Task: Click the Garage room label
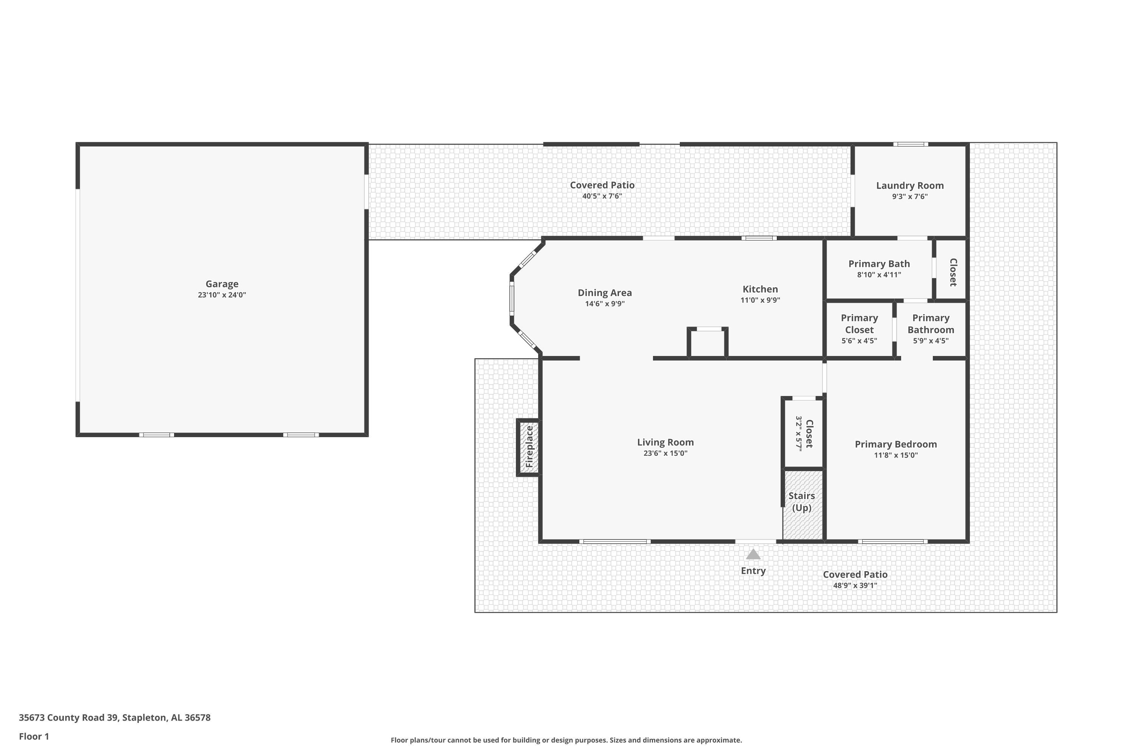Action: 222,284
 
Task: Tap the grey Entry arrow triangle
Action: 753,554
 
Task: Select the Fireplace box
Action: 528,447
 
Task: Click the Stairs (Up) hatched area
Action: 803,505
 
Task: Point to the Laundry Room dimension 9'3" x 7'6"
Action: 909,196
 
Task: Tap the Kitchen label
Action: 760,289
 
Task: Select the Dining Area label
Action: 605,293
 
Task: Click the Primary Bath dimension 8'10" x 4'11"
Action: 879,275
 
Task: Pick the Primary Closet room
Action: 860,329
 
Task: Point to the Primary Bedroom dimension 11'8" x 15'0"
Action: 896,455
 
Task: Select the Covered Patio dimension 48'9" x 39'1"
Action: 855,586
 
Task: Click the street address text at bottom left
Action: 115,718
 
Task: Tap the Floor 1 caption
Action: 34,736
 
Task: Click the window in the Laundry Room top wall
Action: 911,144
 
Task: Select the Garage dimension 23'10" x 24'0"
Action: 222,295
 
